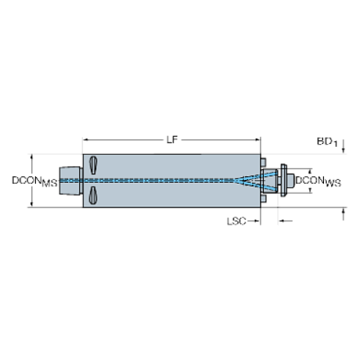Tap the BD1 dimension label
point(326,140)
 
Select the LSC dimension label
point(237,220)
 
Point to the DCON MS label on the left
point(34,180)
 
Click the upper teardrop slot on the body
point(93,165)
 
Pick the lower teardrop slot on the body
point(93,195)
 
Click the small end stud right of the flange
point(292,180)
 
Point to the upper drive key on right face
point(263,161)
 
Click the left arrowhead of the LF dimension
point(84,139)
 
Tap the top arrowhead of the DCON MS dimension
point(31,157)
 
